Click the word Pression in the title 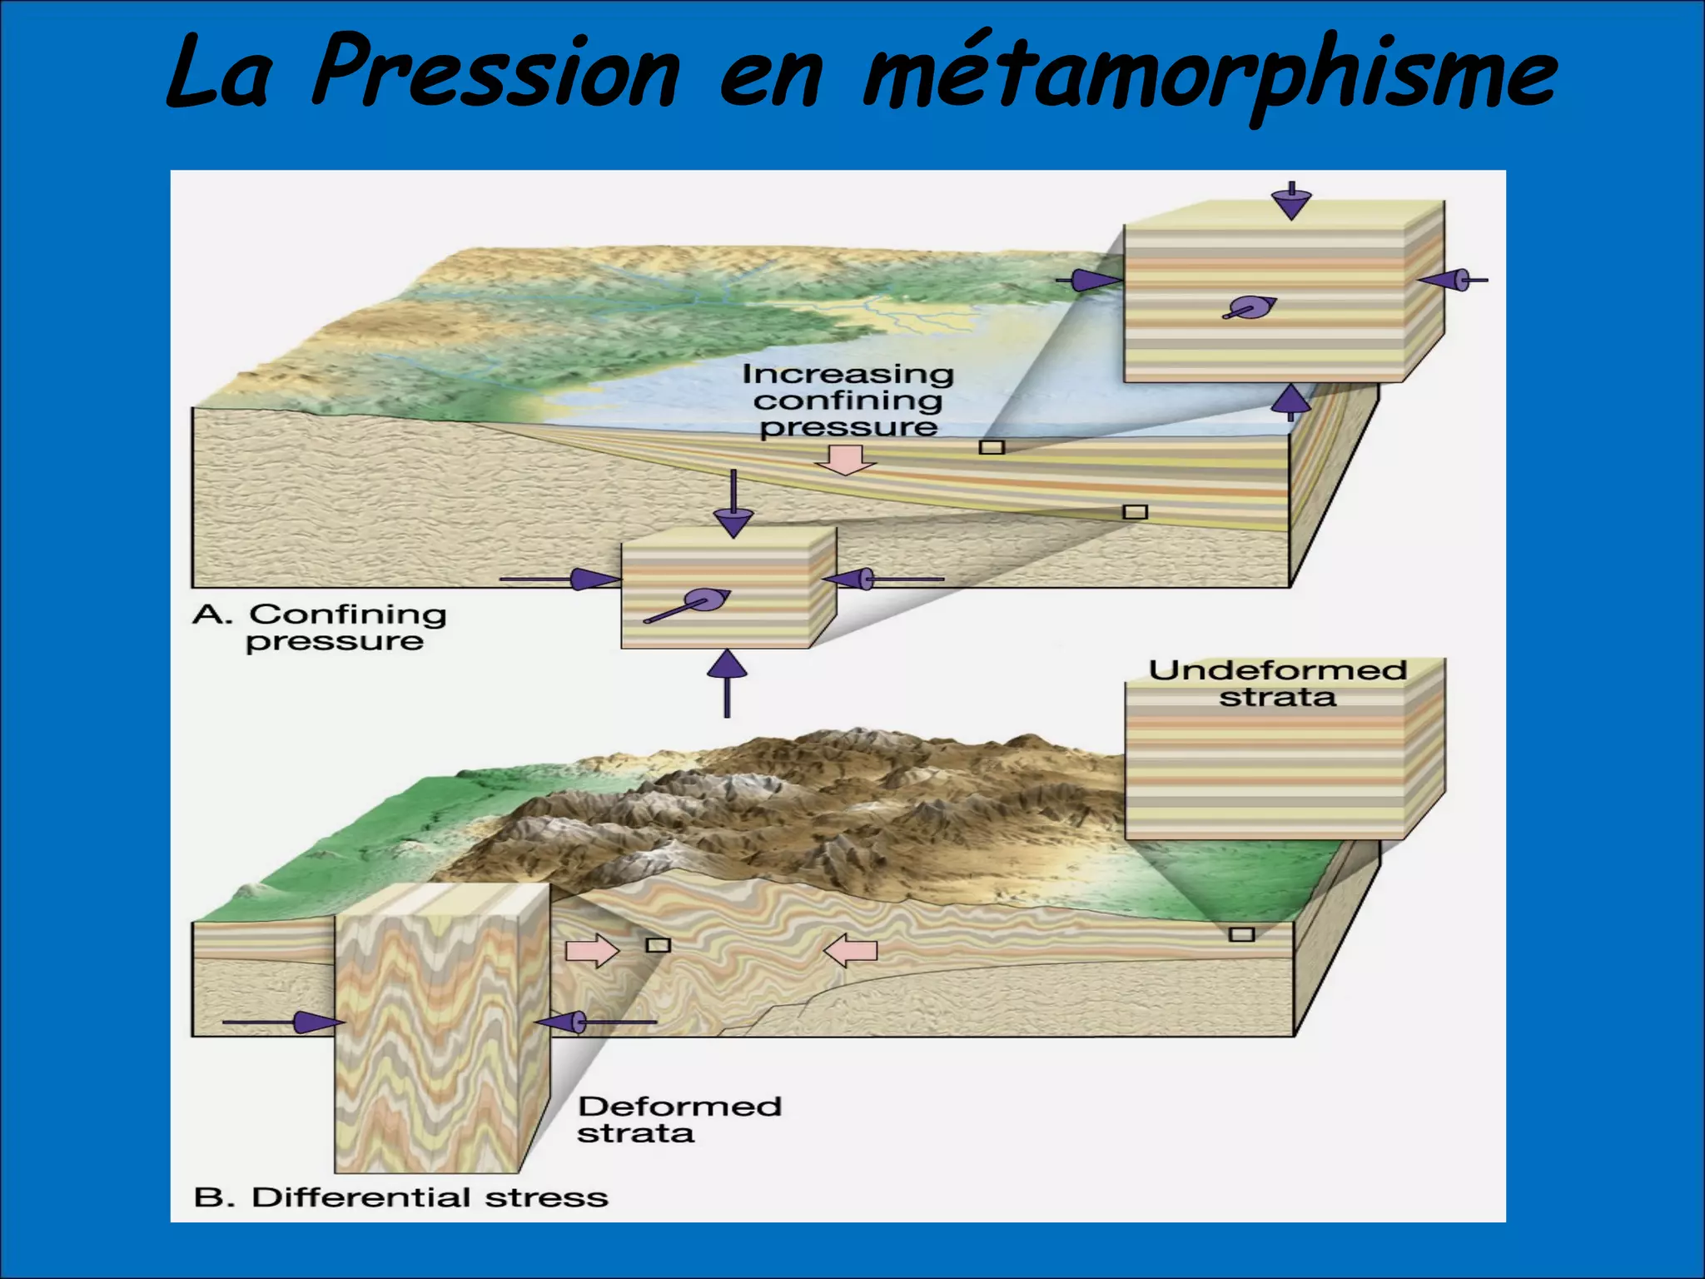[496, 73]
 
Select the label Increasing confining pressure [848, 401]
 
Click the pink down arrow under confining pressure [845, 460]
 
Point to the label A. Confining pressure [321, 627]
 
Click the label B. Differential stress [400, 1197]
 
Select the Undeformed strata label [1277, 684]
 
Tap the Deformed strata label [679, 1120]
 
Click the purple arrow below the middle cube [728, 682]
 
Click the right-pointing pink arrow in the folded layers [592, 951]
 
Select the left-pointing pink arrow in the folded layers [850, 950]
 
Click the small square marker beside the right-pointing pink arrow [659, 944]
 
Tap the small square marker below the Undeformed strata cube [1241, 934]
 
